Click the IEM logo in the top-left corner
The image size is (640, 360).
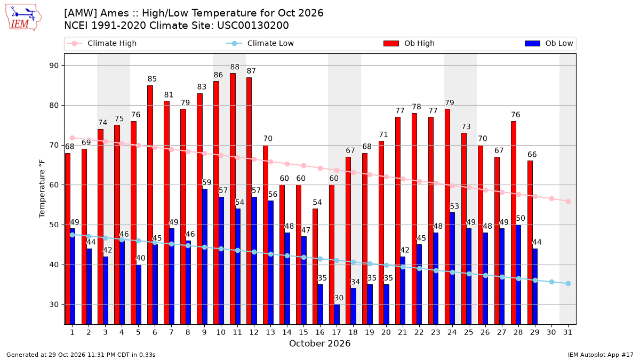point(23,18)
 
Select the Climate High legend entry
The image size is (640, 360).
point(101,43)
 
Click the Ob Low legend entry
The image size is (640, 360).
point(549,43)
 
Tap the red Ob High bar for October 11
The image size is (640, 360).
point(233,199)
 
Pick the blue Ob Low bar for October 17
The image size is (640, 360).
point(337,314)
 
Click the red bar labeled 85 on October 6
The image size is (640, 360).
point(150,205)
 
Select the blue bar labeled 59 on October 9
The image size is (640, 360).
point(205,257)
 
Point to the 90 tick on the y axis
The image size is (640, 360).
point(54,66)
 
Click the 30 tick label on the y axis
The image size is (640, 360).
point(54,305)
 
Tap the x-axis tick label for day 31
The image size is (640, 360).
point(567,333)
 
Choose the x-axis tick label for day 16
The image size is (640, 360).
point(320,333)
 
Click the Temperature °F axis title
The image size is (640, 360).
point(42,189)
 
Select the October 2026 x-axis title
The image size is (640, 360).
point(319,343)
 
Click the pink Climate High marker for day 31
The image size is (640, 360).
point(568,202)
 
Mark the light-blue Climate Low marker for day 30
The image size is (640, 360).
point(551,282)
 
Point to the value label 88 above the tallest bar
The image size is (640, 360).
point(235,67)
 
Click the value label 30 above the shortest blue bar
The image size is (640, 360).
point(339,298)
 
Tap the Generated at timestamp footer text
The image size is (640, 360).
point(81,355)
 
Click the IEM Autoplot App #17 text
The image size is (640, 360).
point(601,355)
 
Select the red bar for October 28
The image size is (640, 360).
point(514,223)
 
